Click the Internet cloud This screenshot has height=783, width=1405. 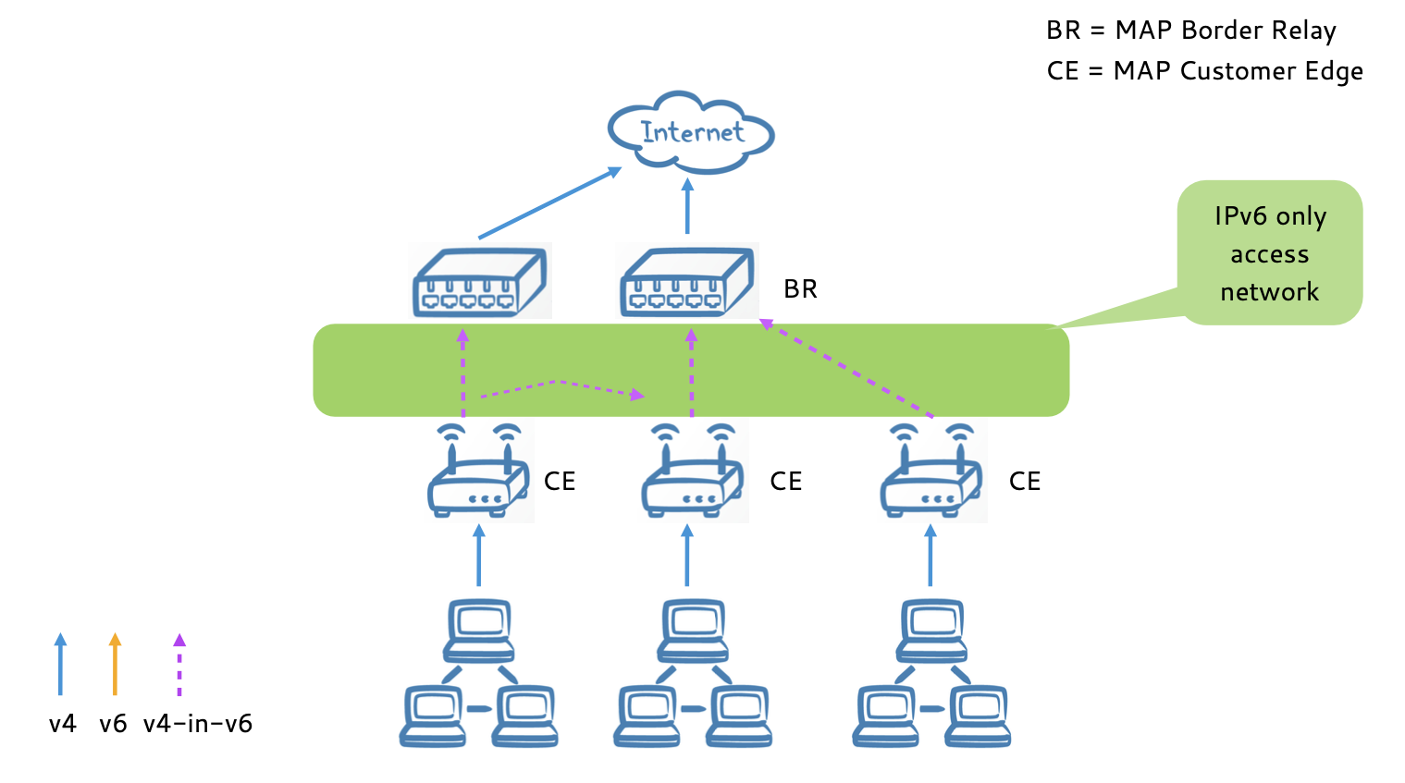coord(690,133)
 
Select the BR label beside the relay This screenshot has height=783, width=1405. coord(800,289)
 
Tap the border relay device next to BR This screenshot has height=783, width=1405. coord(686,282)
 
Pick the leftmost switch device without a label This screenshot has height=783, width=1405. coord(479,282)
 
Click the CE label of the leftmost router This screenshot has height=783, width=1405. coord(560,482)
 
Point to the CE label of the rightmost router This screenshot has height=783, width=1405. coord(1025,482)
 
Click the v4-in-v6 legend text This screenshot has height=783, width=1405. coord(198,724)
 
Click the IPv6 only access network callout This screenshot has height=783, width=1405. coord(1269,253)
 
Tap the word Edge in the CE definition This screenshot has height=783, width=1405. coord(1333,71)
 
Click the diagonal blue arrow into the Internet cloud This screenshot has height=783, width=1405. coord(549,203)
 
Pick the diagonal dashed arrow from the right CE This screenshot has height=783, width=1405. coord(845,368)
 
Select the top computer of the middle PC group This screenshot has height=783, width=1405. coord(693,629)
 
